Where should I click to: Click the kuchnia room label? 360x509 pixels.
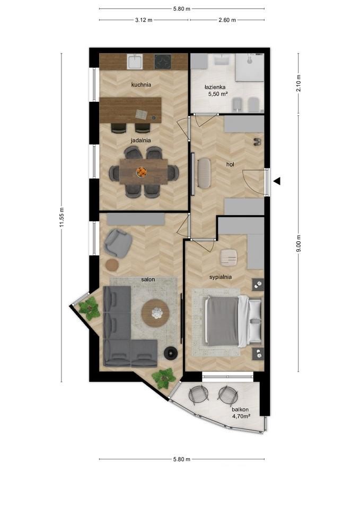pos(141,85)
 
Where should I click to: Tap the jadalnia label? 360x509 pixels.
pos(141,141)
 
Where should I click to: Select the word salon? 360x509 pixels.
pos(148,279)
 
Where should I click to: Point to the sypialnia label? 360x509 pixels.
pos(221,277)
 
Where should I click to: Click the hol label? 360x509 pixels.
pos(230,164)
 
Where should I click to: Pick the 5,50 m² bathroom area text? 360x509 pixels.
pos(217,94)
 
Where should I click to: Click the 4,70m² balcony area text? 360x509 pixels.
pos(241,416)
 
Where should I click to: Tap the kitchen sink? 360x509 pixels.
pos(135,62)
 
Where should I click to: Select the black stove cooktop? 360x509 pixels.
pos(163,62)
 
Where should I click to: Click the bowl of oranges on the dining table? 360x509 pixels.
pos(142,171)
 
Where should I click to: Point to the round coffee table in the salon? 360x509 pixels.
pos(155,313)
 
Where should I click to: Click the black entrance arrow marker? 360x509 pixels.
pos(277,181)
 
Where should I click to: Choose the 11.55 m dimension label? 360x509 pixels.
pos(62,217)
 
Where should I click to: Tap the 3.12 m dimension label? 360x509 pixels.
pos(144,20)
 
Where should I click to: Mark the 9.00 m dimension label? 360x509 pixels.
pos(298,243)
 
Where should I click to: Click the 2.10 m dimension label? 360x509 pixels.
pos(298,83)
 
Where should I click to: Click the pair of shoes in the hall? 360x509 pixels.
pos(258,141)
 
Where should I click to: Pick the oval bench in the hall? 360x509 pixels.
pos(204,172)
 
